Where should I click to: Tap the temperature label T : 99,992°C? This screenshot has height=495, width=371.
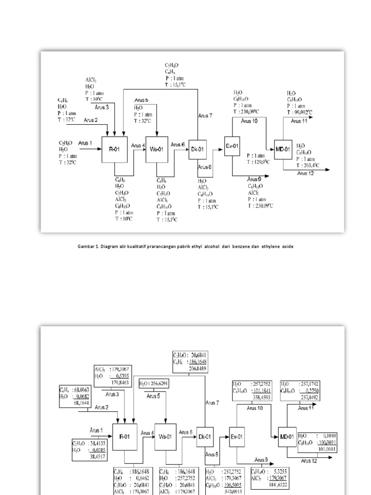pyautogui.click(x=300, y=112)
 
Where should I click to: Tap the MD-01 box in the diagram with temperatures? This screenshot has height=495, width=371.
pyautogui.click(x=283, y=149)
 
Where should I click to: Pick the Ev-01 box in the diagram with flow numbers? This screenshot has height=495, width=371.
pyautogui.click(x=237, y=436)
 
